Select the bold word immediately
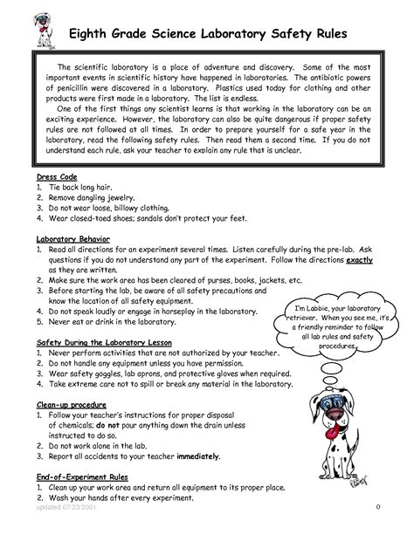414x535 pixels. click(x=198, y=456)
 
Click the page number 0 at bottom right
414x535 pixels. click(x=377, y=505)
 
